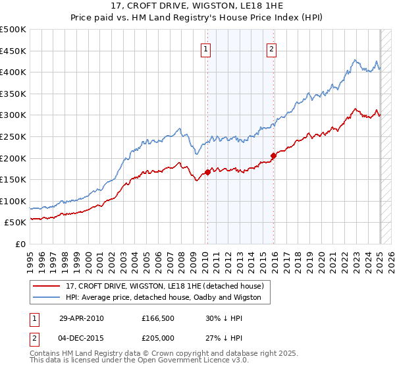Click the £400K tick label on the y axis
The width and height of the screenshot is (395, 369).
13,72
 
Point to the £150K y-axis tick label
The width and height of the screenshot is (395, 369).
13,179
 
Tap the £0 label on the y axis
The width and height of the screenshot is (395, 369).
21,244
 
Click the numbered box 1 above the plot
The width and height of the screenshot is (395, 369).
206,48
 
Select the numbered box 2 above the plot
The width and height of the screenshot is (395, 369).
271,48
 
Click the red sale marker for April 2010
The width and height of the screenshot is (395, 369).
207,173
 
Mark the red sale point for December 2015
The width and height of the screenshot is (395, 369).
273,156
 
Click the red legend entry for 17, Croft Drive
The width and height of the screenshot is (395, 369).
165,286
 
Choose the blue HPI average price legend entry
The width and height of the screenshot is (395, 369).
163,297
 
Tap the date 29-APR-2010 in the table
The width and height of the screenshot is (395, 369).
81,318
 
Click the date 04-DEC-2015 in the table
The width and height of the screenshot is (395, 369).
82,339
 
